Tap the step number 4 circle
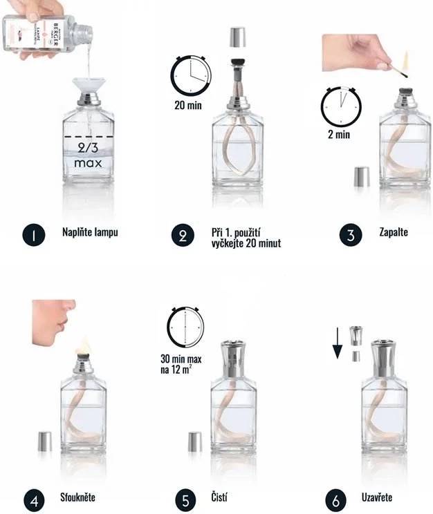pyautogui.click(x=33, y=499)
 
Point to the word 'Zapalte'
pyautogui.click(x=394, y=232)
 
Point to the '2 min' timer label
pyautogui.click(x=339, y=134)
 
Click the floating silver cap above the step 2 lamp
pyautogui.click(x=238, y=37)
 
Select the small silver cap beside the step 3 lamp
pyautogui.click(x=361, y=176)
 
